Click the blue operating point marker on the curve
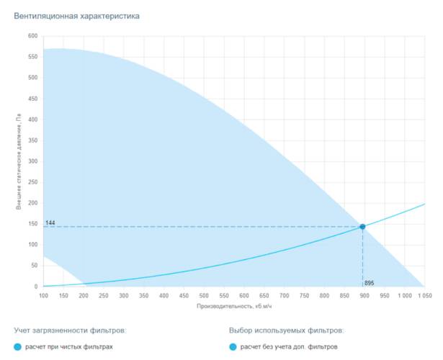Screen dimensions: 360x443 pos(362,226)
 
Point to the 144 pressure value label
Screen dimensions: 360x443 pos(50,223)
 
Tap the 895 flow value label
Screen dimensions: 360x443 pos(370,283)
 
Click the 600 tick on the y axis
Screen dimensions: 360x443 pos(32,36)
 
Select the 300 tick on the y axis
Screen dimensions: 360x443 pos(32,161)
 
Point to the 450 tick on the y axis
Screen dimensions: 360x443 pos(32,99)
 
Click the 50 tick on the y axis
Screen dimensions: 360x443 pos(34,266)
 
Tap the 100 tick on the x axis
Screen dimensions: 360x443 pos(43,295)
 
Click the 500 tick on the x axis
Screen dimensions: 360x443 pos(204,295)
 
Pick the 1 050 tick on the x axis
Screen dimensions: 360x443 pos(422,295)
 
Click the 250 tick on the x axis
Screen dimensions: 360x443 pos(104,295)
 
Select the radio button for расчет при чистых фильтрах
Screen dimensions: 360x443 pos(18,347)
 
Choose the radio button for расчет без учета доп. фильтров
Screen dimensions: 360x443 pos(233,347)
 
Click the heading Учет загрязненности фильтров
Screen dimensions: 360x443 pos(70,330)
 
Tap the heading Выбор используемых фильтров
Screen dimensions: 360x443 pos(286,330)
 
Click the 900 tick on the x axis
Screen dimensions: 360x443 pos(364,295)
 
